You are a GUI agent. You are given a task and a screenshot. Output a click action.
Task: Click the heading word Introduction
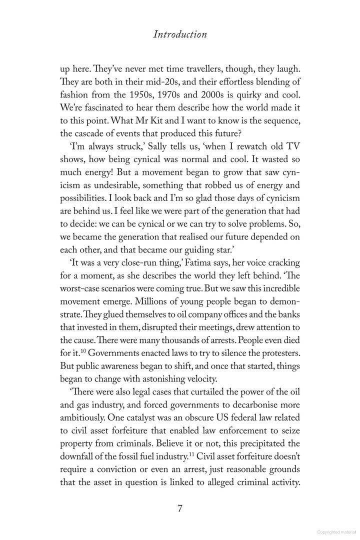180,34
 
